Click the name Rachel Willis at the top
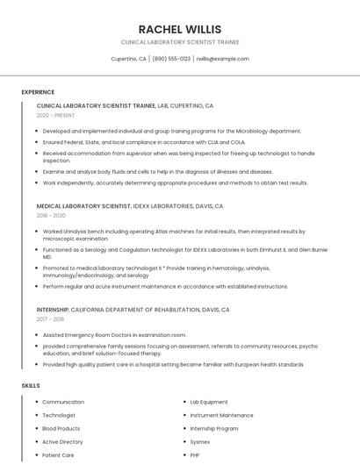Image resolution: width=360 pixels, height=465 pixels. click(180, 29)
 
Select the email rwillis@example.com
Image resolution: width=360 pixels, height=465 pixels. click(222, 59)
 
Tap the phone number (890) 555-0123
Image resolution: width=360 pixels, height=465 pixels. click(171, 59)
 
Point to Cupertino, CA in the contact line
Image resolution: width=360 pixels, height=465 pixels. click(129, 59)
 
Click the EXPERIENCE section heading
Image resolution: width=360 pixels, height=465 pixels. click(38, 92)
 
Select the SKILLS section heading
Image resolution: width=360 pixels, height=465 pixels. click(31, 385)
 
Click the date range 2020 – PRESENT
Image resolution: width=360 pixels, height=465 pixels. click(55, 115)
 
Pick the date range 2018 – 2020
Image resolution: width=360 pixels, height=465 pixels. click(51, 215)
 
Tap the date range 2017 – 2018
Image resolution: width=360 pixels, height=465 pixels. click(50, 319)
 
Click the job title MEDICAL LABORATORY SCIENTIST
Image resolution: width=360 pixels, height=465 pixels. click(83, 206)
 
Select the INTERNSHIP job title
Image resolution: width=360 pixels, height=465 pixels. click(52, 310)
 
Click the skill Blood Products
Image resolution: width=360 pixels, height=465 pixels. click(61, 429)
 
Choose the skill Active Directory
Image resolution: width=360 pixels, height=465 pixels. click(62, 442)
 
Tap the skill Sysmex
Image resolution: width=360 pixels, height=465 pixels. click(200, 442)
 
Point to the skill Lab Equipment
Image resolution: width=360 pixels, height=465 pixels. click(209, 402)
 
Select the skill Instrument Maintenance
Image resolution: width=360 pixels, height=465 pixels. click(221, 415)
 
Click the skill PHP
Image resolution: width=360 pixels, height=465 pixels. click(195, 455)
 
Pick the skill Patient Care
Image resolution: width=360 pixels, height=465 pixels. click(58, 455)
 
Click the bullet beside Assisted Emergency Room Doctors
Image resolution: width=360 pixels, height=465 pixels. click(37, 335)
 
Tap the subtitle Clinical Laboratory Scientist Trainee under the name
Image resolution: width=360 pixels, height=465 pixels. click(180, 42)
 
